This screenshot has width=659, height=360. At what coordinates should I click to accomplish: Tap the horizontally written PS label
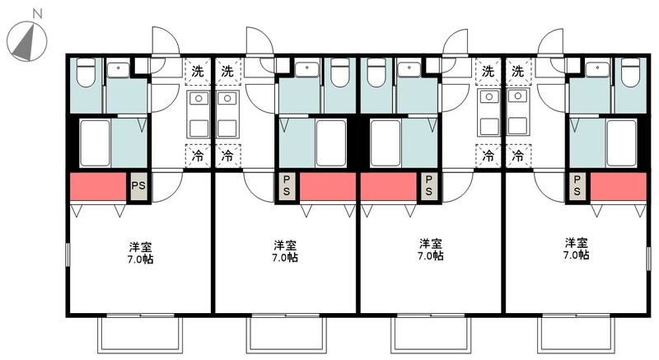coord(138,186)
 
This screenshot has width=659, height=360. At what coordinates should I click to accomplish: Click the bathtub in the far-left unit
coord(96,142)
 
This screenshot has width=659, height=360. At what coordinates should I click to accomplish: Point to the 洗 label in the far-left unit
coord(197,71)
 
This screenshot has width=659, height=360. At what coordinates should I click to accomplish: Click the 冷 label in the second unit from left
coord(227,154)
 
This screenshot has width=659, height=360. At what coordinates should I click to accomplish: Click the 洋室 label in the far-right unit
coord(576,243)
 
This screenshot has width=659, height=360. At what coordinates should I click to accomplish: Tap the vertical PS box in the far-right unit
coord(577,186)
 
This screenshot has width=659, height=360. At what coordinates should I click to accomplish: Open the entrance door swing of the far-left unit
coord(163,41)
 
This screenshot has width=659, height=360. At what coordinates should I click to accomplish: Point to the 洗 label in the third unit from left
coord(488,71)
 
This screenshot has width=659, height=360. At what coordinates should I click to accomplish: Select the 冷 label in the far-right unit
coord(518,154)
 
